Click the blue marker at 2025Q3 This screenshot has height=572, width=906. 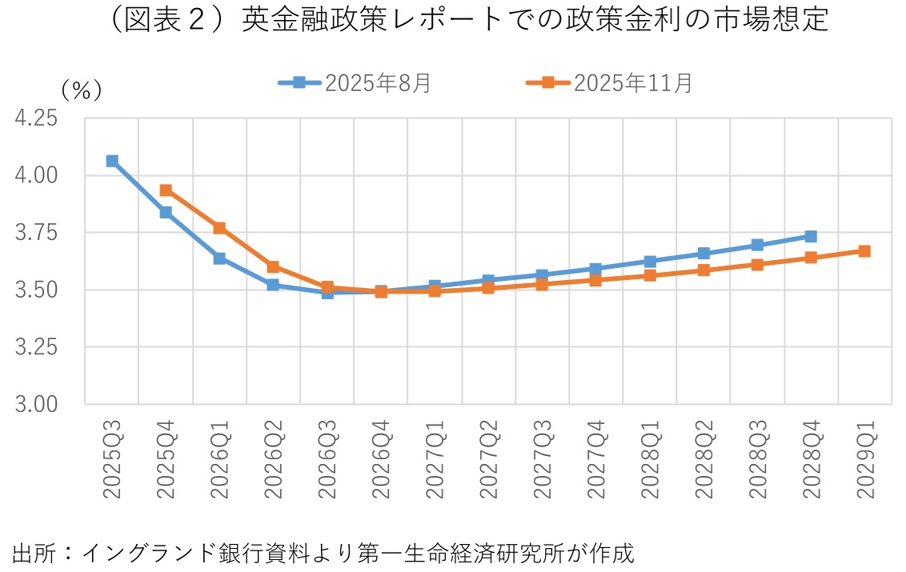pyautogui.click(x=112, y=161)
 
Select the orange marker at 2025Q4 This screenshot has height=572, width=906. pyautogui.click(x=166, y=190)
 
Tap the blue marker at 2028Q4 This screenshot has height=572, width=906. pyautogui.click(x=811, y=236)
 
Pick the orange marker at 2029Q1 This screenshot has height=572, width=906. pyautogui.click(x=864, y=251)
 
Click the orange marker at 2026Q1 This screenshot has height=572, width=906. pyautogui.click(x=219, y=228)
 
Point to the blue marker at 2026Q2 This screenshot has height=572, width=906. pyautogui.click(x=273, y=285)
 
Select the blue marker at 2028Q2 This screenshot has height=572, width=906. pyautogui.click(x=704, y=254)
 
